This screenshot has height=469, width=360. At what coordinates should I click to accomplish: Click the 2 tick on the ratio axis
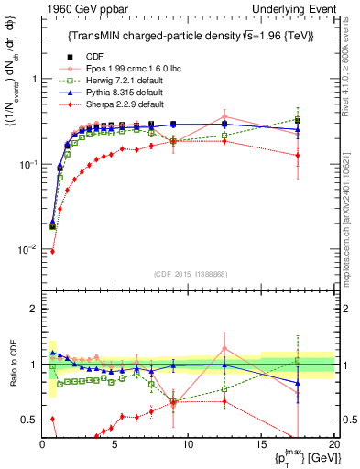pos(32,309)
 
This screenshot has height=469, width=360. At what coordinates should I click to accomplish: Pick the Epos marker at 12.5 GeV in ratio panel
pos(224,348)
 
